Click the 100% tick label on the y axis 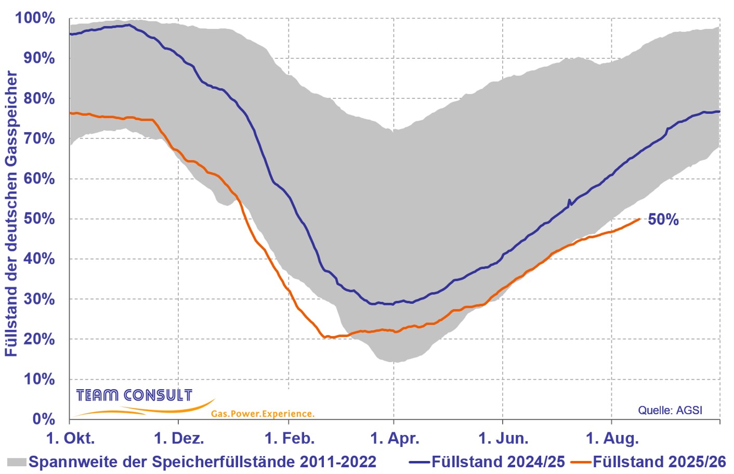click(35, 18)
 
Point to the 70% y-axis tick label click(39, 139)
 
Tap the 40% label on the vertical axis click(39, 259)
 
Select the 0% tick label click(44, 419)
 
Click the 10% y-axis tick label click(39, 379)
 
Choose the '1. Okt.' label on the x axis click(71, 438)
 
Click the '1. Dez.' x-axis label click(179, 438)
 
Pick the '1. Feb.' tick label click(290, 438)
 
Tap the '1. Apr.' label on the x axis click(395, 438)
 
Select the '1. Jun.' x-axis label click(503, 438)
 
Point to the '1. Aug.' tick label click(612, 438)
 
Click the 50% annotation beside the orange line click(663, 220)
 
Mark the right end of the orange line click(640, 219)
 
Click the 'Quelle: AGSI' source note click(670, 410)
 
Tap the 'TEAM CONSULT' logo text click(134, 395)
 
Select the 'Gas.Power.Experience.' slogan click(263, 414)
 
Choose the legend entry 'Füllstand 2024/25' click(487, 462)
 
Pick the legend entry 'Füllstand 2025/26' click(648, 462)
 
